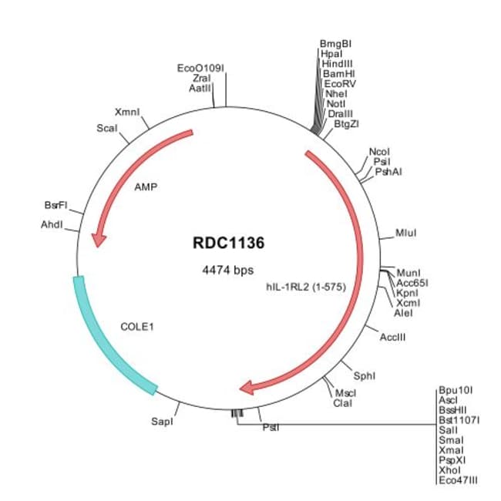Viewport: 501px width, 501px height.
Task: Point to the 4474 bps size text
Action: (x=227, y=270)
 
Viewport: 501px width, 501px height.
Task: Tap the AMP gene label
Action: (x=146, y=187)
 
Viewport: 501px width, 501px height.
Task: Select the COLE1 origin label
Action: (x=138, y=326)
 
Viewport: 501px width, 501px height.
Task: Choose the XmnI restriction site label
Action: (x=127, y=112)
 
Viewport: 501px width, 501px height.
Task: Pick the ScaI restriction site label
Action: (x=106, y=127)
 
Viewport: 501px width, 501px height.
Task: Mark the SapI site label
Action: (x=162, y=422)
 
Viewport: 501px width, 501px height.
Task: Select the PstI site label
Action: (x=271, y=427)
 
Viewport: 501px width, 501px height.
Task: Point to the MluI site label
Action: (x=405, y=233)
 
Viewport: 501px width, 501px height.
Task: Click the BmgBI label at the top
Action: (x=335, y=43)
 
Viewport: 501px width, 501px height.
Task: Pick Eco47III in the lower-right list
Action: (x=458, y=479)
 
